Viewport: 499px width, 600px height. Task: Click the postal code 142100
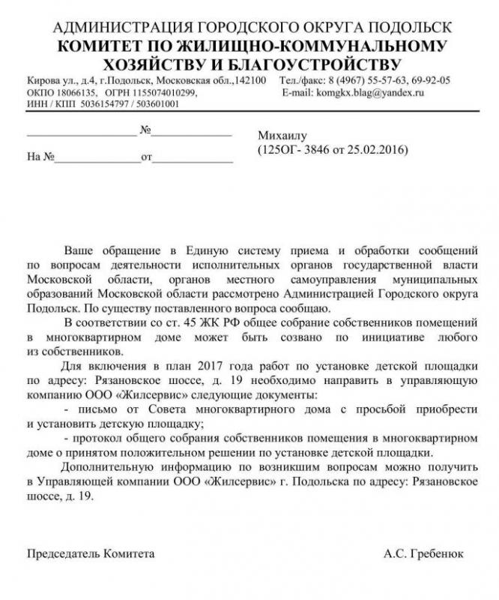pos(250,80)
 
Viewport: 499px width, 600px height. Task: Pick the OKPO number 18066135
pos(68,92)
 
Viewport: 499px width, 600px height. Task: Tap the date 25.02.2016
pos(376,149)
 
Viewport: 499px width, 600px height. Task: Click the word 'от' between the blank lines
pos(146,158)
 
